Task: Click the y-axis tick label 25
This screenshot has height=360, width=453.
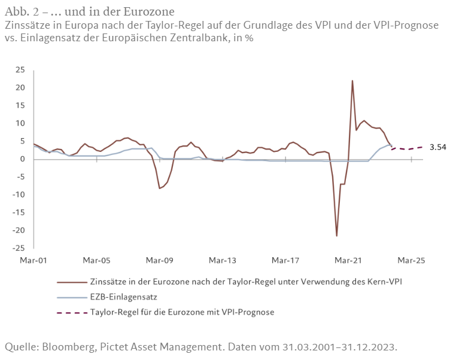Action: pyautogui.click(x=20, y=70)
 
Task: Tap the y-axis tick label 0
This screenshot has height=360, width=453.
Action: pyautogui.click(x=23, y=159)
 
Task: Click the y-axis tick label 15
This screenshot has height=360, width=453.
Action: pyautogui.click(x=20, y=105)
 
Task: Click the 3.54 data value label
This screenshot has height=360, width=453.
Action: pyautogui.click(x=438, y=147)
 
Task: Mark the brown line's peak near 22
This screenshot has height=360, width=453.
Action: pyautogui.click(x=352, y=81)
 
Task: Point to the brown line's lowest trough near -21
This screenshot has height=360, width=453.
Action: pyautogui.click(x=337, y=236)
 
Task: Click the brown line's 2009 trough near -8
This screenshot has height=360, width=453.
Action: pyautogui.click(x=160, y=188)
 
